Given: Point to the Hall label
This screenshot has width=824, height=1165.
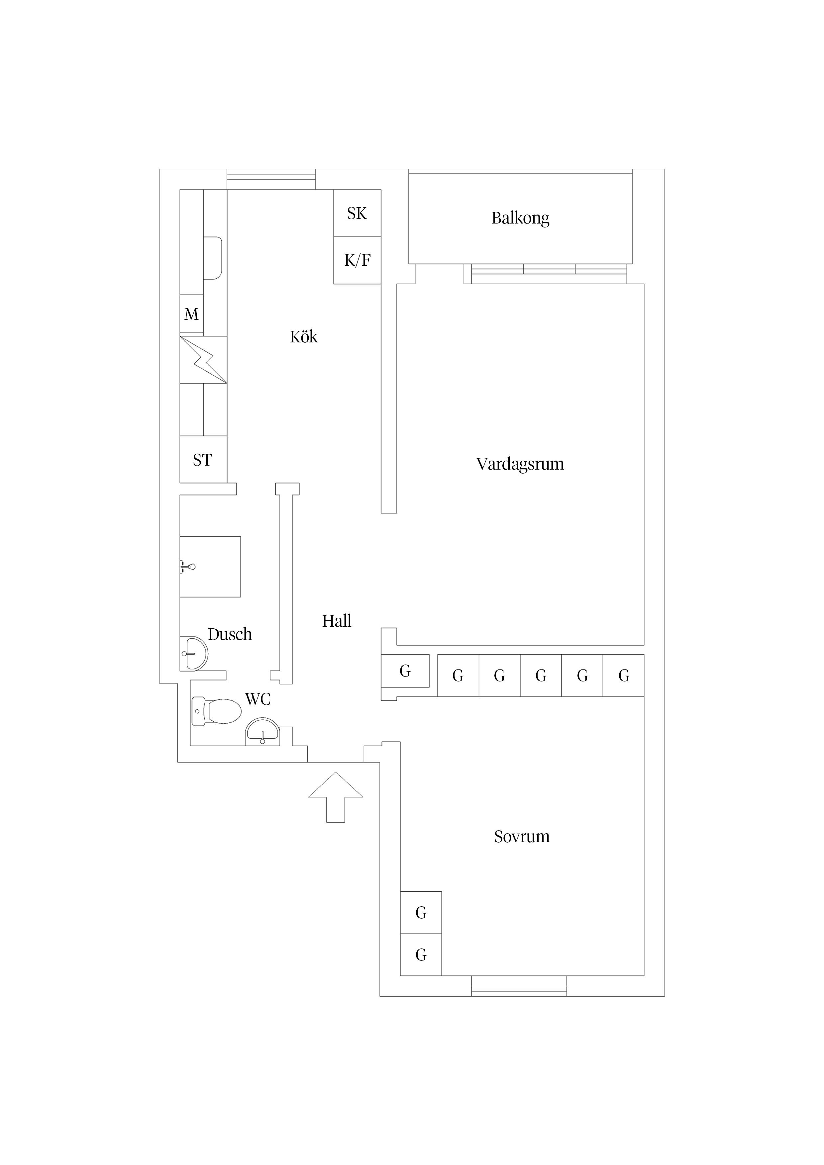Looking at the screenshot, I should click(336, 621).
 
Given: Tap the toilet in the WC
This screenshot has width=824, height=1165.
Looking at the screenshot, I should click(218, 711).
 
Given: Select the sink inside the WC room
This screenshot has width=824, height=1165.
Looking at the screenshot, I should click(262, 732).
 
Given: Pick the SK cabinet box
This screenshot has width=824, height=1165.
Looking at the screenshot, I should click(357, 213).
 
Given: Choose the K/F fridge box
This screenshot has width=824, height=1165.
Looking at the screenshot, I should click(357, 260).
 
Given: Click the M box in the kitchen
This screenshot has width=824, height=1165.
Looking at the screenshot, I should click(191, 314).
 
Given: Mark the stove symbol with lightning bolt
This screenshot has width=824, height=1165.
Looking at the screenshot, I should click(203, 360).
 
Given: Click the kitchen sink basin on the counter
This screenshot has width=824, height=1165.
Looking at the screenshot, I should click(213, 258).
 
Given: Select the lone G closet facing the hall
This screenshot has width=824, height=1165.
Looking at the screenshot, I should click(405, 671).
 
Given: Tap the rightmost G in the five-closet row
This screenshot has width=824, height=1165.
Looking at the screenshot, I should click(623, 675).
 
